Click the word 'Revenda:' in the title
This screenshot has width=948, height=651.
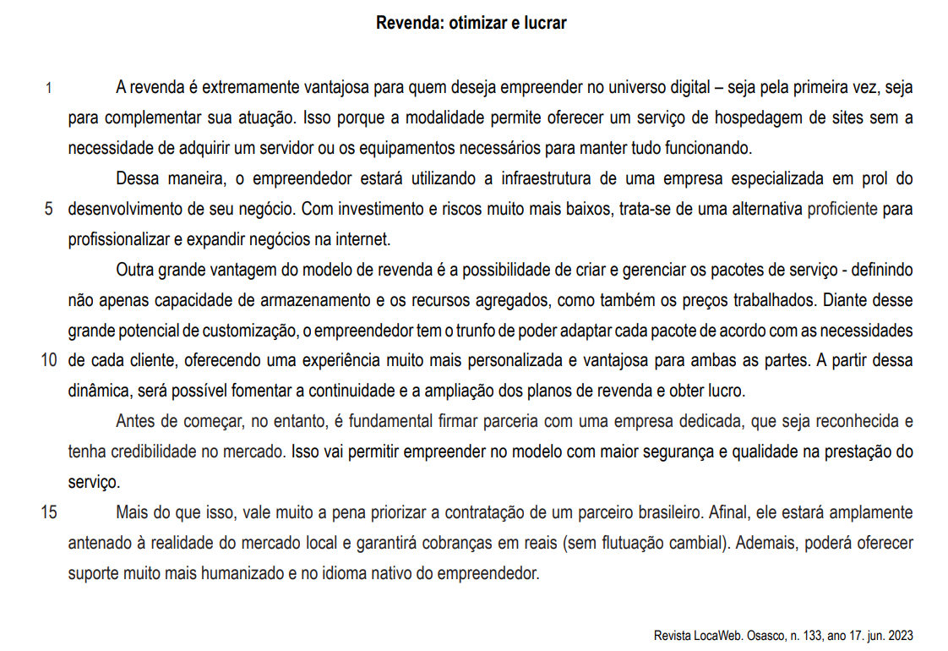(406, 23)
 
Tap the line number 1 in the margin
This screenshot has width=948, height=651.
(48, 87)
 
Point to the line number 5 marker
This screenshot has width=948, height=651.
(48, 208)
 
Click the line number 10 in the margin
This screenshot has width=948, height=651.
(48, 360)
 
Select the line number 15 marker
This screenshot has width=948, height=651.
(48, 512)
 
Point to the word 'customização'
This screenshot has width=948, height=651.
(236, 330)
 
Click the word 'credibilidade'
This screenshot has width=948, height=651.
(153, 451)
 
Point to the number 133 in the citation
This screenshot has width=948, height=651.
(814, 635)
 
